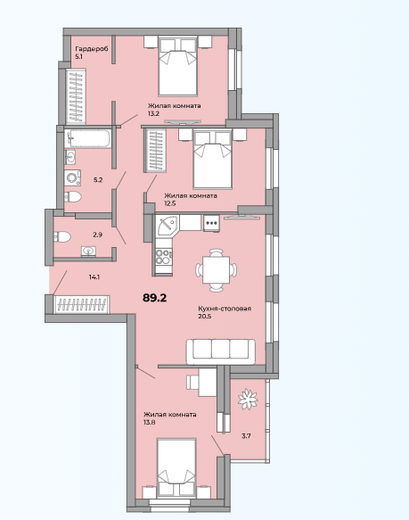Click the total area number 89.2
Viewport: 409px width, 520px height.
coord(154,298)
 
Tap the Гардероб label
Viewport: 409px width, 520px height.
coord(92,49)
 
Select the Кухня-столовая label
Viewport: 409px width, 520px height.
coord(225,309)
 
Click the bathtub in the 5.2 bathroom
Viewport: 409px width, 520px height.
coord(87,138)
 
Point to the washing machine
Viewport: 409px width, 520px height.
coord(72,177)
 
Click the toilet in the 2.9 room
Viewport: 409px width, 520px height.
coord(62,236)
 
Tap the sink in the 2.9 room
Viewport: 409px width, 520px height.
coord(88,251)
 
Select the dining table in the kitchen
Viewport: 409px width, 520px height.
coord(217,270)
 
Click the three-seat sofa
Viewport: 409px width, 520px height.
coord(221,351)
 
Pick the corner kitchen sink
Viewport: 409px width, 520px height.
coord(168,225)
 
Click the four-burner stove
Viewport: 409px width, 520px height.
coord(163,257)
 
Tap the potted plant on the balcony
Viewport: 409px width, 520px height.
coord(248,399)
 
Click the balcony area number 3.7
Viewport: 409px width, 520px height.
coord(246,436)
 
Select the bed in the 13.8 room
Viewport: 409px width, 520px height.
coord(176,468)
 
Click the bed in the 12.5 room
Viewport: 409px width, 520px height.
coord(212,159)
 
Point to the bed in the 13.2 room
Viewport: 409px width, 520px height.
coord(178,66)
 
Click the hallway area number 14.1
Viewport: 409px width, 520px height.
coord(94,277)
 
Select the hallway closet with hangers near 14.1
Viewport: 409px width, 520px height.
coord(82,304)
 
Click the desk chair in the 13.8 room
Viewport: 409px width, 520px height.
coord(192,382)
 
